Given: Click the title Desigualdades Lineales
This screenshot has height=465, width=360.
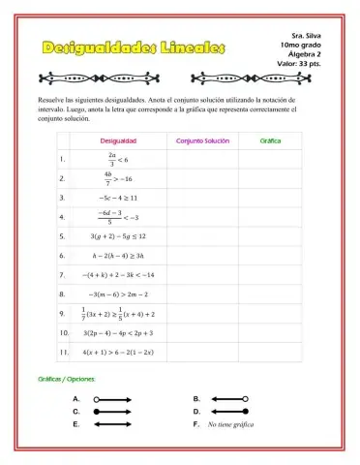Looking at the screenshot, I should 134,47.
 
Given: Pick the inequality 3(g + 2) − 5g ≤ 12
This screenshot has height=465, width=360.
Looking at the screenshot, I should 117,235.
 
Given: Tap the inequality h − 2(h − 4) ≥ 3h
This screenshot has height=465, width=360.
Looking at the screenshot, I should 117,255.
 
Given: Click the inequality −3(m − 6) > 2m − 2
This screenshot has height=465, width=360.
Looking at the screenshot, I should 117,293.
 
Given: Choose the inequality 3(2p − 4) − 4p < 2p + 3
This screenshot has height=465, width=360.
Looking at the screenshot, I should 118,332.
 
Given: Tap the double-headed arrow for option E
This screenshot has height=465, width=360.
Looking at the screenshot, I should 112,424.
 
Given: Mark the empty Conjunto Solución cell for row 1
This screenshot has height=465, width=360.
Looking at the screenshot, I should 202,160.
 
